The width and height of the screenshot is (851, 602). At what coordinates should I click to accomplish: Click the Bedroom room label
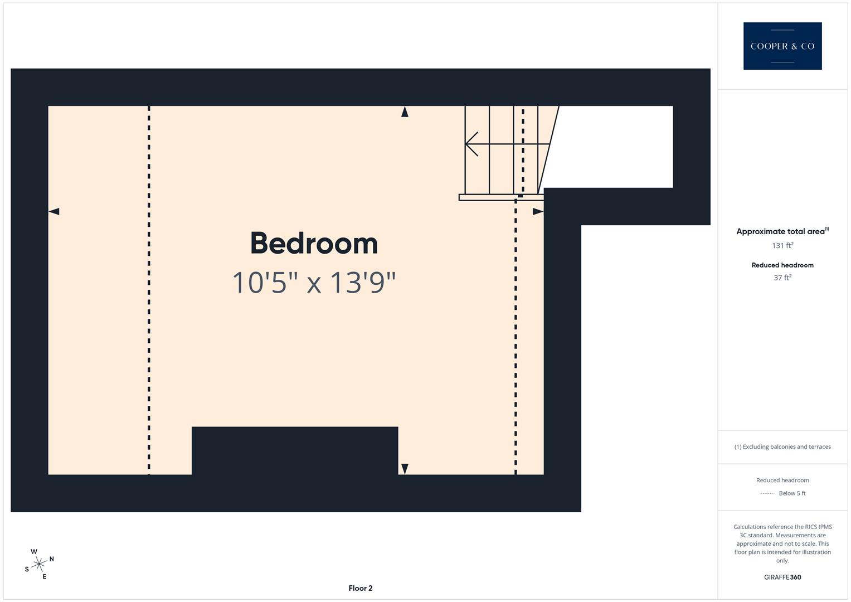coord(314,244)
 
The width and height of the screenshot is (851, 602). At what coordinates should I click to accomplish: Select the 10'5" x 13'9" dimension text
coord(314,283)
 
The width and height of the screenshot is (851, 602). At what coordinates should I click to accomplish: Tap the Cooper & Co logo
coord(782,46)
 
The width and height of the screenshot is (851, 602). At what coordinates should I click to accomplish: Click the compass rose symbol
coord(39,564)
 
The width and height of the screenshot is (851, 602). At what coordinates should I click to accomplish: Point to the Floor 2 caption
coord(361,588)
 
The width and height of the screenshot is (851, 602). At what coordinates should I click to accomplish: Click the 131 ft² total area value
coord(782,245)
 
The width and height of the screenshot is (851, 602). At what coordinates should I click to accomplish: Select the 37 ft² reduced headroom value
coord(782,278)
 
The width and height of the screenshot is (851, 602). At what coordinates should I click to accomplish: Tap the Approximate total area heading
coord(780,231)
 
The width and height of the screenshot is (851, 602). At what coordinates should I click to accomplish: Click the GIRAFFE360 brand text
coord(782,577)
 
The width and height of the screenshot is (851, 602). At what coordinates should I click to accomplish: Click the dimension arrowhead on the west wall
coord(54,211)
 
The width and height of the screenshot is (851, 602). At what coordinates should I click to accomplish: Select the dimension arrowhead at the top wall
coord(405,111)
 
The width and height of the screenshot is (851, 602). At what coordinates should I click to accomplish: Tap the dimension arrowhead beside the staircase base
coord(538,211)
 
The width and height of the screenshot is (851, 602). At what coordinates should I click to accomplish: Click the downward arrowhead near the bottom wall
coord(405,469)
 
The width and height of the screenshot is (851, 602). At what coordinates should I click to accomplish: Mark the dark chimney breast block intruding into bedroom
coord(295,450)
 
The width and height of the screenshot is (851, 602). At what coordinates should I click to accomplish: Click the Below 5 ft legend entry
coord(792,493)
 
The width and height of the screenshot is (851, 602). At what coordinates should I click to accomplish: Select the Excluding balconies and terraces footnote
coord(782,446)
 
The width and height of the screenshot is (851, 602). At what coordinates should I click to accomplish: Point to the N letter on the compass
coord(52,559)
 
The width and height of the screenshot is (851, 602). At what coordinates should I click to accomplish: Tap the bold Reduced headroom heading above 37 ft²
coord(782,265)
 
